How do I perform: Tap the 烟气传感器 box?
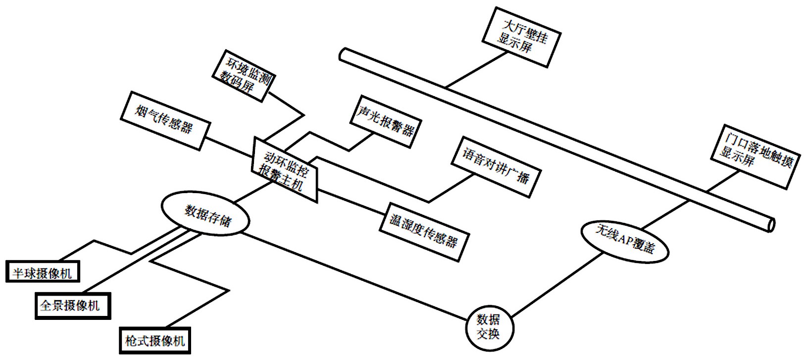click(165, 120)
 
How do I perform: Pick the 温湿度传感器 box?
click(423, 232)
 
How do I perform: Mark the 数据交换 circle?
click(489, 326)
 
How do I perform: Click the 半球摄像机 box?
click(43, 272)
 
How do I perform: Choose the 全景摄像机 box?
click(72, 306)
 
